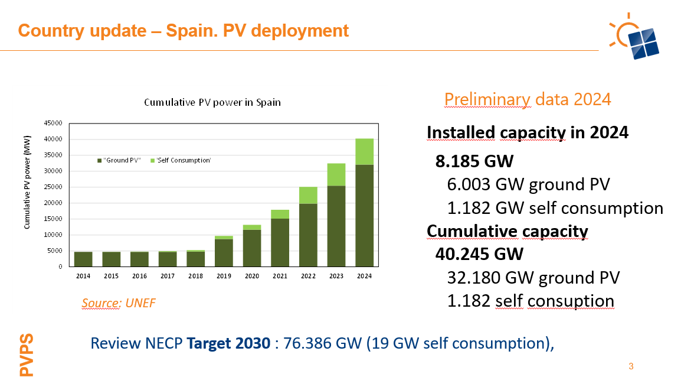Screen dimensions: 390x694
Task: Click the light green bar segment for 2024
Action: click(364, 152)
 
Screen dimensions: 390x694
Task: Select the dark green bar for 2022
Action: click(308, 235)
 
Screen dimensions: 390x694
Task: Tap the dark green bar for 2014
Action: click(83, 259)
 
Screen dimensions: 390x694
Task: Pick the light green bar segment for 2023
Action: click(336, 174)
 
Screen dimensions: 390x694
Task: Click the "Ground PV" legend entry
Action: click(120, 160)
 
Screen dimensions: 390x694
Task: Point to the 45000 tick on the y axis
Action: click(54, 123)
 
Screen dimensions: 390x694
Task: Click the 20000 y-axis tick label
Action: click(54, 203)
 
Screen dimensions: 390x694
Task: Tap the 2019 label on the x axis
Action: click(224, 275)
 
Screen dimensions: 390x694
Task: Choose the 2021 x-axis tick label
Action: click(280, 275)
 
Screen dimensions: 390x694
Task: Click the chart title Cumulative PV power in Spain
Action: click(212, 102)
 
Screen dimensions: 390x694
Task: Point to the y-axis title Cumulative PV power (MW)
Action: click(27, 189)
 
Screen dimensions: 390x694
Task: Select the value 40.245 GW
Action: click(479, 254)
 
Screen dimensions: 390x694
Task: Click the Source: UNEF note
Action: click(119, 303)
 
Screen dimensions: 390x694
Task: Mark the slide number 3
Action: click(631, 366)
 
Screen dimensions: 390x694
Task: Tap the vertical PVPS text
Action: click(27, 355)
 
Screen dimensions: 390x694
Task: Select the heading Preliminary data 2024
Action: click(527, 99)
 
